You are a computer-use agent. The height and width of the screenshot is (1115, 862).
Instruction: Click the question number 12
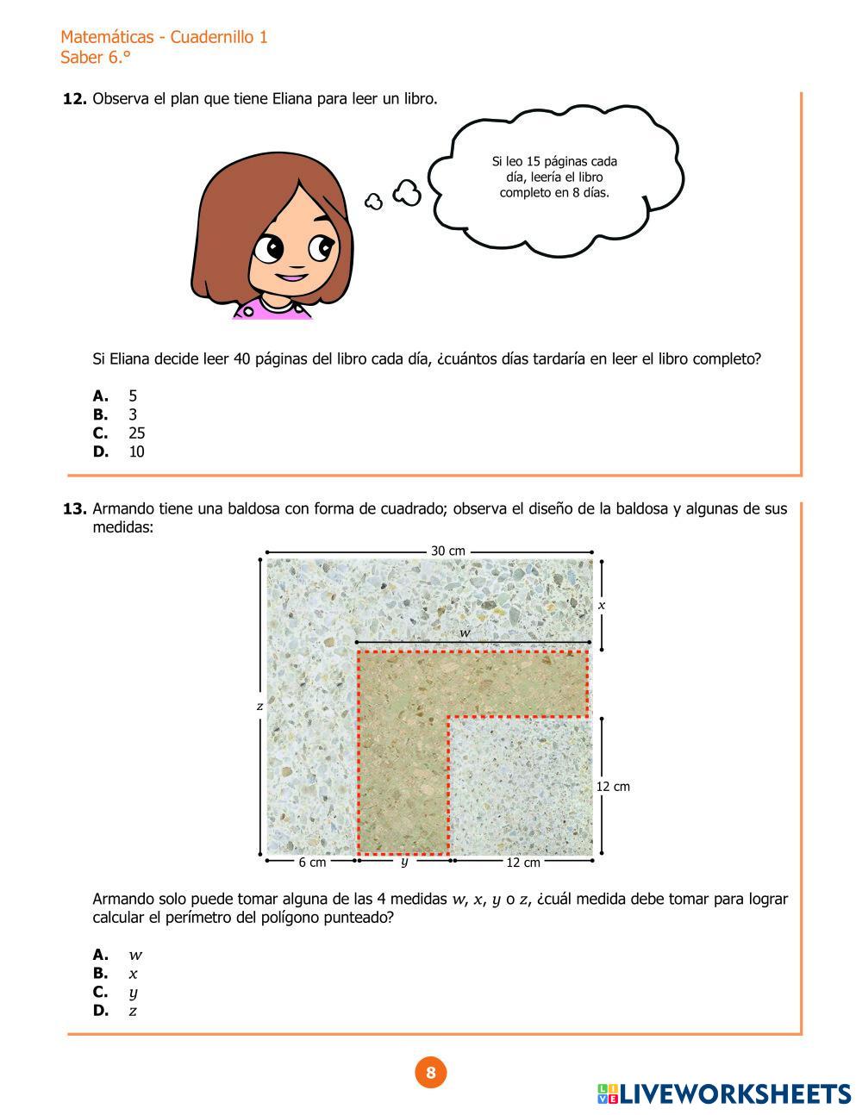tap(74, 99)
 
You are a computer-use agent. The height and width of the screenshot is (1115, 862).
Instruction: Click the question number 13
tap(74, 509)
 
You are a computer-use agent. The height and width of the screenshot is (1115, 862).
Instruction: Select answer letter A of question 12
tap(101, 396)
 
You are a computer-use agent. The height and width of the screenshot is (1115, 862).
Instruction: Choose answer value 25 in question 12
tap(136, 433)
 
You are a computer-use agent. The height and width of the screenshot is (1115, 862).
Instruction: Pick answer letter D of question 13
tap(101, 1011)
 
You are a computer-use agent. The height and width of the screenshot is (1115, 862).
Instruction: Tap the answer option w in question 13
tap(134, 955)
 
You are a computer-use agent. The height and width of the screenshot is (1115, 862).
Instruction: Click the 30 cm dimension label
tap(447, 551)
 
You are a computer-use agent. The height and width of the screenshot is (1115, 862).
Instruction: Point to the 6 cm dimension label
tap(312, 862)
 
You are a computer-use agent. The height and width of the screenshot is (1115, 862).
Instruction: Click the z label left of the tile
tap(259, 706)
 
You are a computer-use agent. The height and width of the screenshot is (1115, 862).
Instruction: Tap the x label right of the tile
tap(602, 605)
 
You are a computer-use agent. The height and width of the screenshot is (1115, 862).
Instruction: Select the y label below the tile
tap(404, 861)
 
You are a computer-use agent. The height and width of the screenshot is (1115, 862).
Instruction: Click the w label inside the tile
tap(465, 633)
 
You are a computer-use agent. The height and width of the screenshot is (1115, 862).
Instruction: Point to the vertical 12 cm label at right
tap(613, 786)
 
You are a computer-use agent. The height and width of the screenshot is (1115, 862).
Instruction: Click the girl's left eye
tap(268, 250)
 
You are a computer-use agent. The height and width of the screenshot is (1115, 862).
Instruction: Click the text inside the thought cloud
tap(554, 177)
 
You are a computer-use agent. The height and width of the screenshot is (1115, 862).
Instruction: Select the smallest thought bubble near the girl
tap(373, 202)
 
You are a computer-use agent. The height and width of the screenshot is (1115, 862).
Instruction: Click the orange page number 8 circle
tap(431, 1073)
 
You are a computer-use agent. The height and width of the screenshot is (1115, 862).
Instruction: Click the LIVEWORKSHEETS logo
tap(724, 1093)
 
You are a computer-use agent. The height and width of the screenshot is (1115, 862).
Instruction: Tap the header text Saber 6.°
tap(95, 58)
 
